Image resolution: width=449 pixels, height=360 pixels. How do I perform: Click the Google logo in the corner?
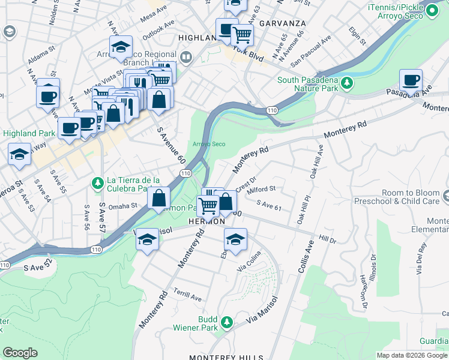tap(20, 353)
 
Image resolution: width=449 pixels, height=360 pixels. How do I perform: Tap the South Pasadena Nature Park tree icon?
tap(346, 82)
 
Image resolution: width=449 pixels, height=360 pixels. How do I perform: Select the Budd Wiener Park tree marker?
tap(226, 323)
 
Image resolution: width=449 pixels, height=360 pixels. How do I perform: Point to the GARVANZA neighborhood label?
tap(283, 23)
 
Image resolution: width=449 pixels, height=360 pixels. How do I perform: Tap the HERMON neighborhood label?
tap(206, 221)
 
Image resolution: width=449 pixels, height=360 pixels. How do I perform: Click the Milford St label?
tap(261, 189)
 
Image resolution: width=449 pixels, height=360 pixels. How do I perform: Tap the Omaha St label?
tap(123, 205)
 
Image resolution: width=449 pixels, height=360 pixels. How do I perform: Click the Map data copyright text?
tap(412, 355)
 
